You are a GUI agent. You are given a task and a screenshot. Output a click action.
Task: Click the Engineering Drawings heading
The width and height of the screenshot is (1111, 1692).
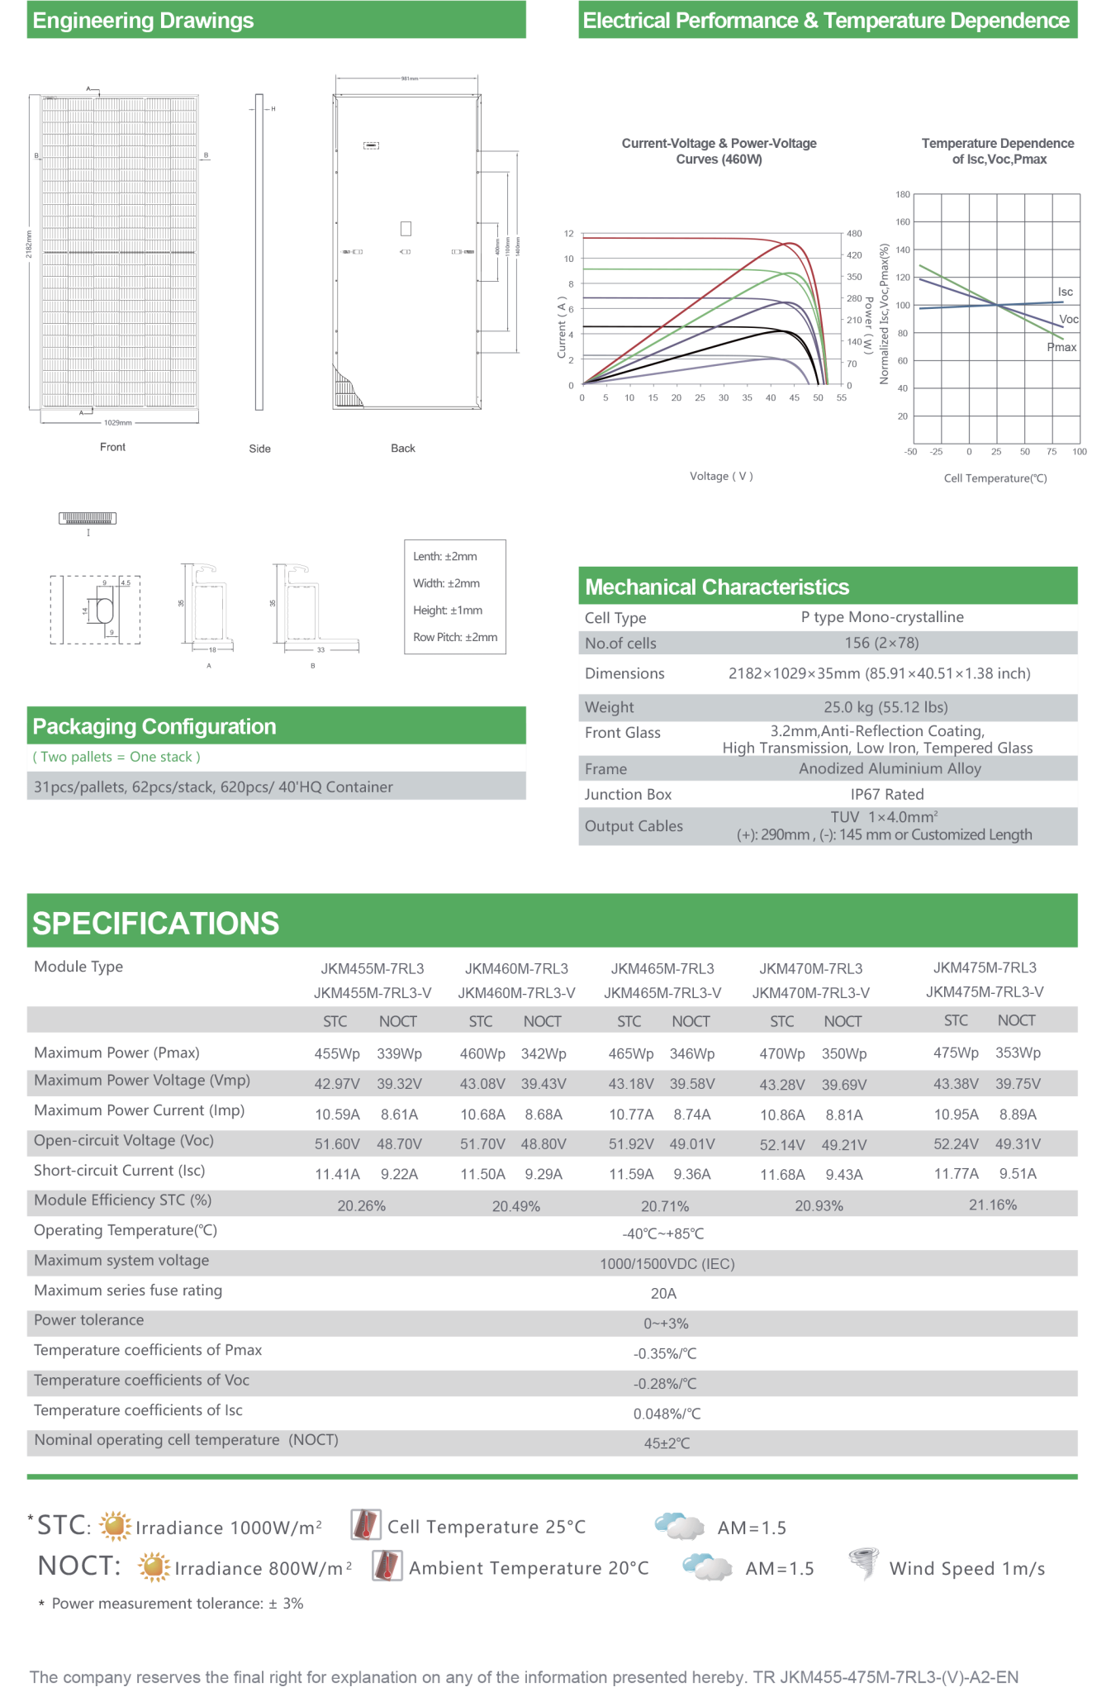143,21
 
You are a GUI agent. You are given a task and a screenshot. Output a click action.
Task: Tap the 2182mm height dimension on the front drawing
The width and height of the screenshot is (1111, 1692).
28,244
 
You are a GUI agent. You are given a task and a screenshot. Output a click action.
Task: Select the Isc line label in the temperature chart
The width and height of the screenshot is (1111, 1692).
1065,292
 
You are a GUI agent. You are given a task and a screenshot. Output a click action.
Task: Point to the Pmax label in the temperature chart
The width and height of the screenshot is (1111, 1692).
1061,347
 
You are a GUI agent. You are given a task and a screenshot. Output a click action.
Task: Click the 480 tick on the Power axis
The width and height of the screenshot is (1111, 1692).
854,234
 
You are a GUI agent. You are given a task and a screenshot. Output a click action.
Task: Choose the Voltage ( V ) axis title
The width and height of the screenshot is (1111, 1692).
721,476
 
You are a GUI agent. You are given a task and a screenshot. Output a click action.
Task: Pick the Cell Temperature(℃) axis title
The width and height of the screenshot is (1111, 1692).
995,478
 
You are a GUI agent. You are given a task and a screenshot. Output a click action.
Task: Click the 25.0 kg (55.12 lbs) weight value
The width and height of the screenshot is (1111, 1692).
885,707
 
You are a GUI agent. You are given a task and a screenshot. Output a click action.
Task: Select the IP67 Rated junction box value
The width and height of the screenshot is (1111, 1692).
886,794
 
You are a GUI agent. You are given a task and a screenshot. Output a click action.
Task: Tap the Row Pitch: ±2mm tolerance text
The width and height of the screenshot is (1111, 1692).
455,637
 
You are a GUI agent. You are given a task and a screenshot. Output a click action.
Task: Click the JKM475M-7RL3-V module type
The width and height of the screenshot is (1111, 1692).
984,991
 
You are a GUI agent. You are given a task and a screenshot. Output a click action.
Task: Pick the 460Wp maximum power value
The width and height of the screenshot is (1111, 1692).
482,1053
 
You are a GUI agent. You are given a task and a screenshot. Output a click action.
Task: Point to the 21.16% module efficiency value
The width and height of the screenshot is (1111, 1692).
992,1205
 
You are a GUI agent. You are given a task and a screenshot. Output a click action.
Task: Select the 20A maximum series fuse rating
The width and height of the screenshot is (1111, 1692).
663,1293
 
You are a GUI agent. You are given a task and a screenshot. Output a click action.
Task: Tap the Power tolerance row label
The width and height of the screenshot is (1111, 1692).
88,1319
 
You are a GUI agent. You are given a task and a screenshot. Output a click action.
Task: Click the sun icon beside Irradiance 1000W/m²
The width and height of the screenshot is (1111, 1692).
115,1525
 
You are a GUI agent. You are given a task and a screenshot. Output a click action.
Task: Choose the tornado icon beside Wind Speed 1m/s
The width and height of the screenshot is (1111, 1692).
863,1563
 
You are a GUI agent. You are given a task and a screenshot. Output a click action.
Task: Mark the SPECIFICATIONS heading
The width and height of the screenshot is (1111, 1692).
155,923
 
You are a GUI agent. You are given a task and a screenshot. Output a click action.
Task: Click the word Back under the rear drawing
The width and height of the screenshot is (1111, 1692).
403,448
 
